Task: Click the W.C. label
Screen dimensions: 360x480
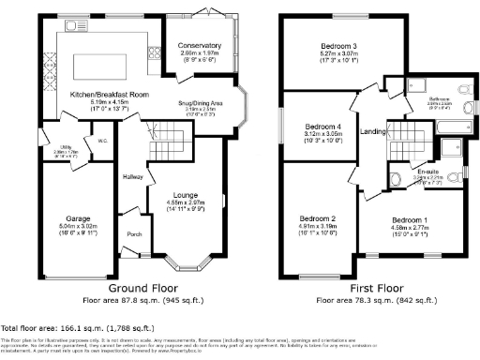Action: [103, 142]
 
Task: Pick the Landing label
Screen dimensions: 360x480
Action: [373, 132]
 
